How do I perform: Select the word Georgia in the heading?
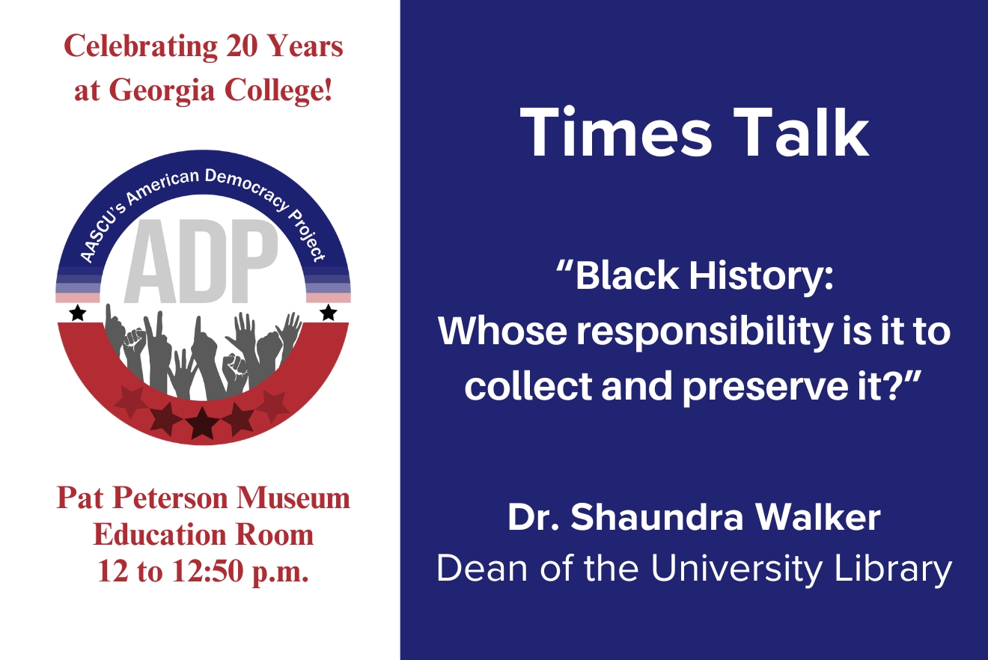point(171,90)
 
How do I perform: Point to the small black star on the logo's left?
point(77,314)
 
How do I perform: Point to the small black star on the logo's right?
point(328,313)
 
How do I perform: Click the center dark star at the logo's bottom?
point(202,423)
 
